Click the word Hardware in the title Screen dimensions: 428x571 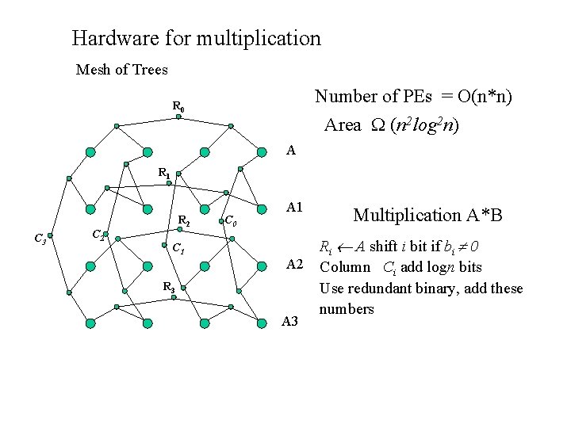pos(111,38)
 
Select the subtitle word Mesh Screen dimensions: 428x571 pos(94,70)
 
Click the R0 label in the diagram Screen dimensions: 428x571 pos(178,106)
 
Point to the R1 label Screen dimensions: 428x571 pos(163,171)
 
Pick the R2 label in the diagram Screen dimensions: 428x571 pos(183,220)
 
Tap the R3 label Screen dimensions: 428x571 pos(169,286)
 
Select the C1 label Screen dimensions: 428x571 pos(179,247)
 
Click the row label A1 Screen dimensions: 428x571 pos(294,208)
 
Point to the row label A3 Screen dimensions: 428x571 pos(290,321)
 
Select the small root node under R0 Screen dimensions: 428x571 pos(178,117)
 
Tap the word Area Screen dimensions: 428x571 pos(343,125)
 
